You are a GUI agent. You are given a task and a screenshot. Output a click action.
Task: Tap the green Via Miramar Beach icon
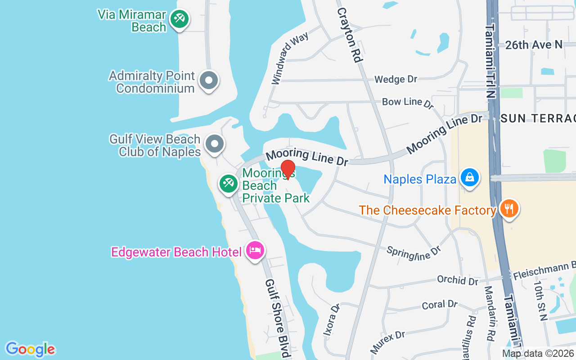[x=180, y=19]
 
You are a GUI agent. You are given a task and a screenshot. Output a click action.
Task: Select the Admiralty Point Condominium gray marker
[x=208, y=81]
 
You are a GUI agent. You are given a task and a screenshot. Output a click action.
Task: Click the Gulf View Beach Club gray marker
[x=215, y=144]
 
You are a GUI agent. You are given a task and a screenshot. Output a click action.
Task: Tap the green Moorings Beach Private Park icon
[x=228, y=184]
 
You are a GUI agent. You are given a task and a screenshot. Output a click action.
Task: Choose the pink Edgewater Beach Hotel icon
[x=255, y=251]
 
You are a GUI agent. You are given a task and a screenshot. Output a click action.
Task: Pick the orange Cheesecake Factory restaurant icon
[x=509, y=209]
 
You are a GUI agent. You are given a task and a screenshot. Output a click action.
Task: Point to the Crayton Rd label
[x=349, y=35]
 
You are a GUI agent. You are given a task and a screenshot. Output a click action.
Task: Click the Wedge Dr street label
[x=396, y=79]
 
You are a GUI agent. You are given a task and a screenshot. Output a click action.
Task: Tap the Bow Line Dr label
[x=407, y=103]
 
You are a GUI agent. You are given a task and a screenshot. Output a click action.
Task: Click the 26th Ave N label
[x=534, y=45]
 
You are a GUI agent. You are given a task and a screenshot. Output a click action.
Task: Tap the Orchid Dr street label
[x=457, y=280]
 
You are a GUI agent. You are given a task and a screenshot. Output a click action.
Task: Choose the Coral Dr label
[x=440, y=305]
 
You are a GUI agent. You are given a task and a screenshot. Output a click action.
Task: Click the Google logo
[x=30, y=349]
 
